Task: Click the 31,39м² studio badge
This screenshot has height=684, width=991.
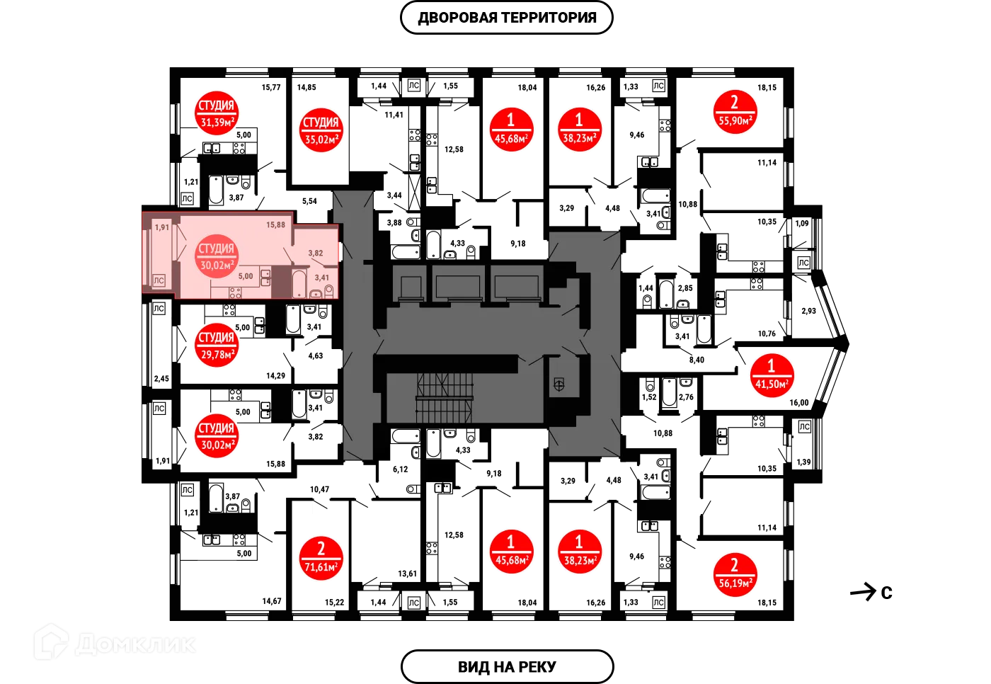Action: (216, 113)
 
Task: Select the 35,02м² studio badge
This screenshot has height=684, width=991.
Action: (321, 130)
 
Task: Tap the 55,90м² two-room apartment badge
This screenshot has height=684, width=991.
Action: (735, 111)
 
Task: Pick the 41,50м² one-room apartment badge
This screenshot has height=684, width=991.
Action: (771, 375)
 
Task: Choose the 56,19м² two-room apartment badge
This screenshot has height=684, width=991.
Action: (735, 574)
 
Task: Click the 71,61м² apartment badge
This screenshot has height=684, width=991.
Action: (321, 558)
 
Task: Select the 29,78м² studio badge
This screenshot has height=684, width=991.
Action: (216, 346)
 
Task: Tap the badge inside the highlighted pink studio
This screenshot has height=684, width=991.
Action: (216, 256)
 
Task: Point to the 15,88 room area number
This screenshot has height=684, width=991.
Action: (275, 225)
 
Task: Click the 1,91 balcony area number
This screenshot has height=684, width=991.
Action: (162, 228)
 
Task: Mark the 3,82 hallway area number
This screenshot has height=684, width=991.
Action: (315, 253)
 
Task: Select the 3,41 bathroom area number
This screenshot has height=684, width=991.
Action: (321, 278)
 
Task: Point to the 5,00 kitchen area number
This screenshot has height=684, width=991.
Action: (245, 277)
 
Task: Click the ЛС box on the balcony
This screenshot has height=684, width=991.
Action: (159, 281)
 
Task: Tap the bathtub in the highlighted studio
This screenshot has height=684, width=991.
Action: (299, 283)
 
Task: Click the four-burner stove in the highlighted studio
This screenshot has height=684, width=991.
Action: (236, 292)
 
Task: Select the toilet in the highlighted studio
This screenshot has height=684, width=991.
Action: (329, 290)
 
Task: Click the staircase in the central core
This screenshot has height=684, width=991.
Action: (445, 397)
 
